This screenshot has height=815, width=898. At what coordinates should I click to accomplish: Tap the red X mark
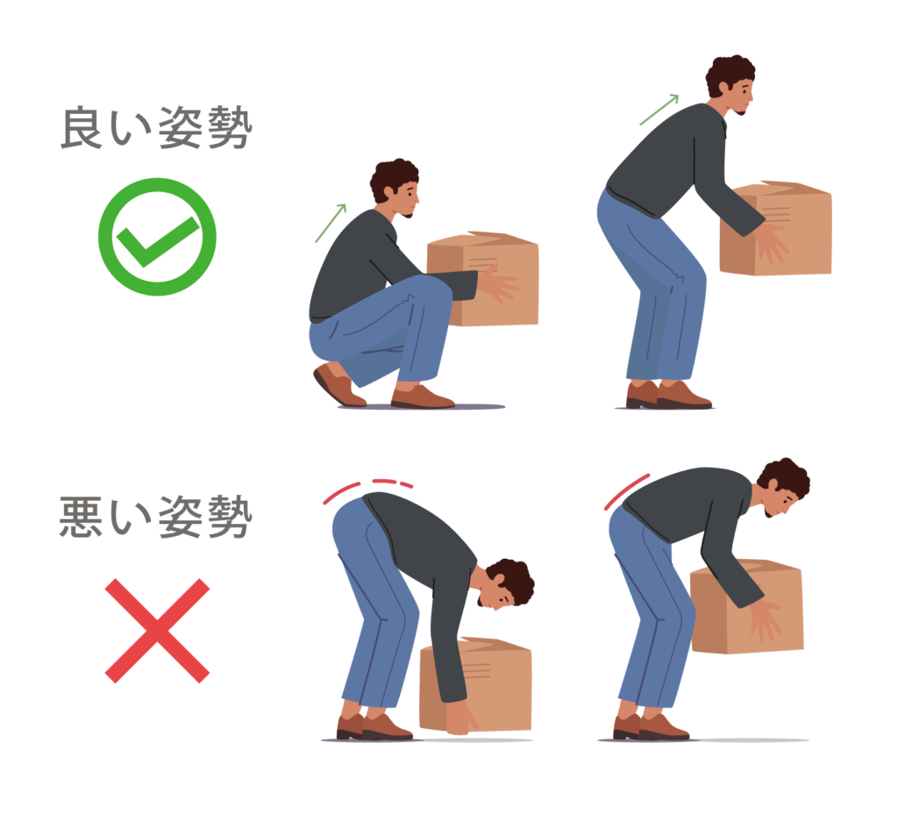[x=158, y=631]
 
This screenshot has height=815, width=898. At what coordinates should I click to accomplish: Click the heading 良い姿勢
[x=156, y=128]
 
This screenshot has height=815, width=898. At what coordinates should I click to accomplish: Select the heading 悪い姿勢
[x=156, y=518]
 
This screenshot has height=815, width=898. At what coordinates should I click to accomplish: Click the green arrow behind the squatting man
[x=331, y=223]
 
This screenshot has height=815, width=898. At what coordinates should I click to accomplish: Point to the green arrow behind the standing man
[x=659, y=110]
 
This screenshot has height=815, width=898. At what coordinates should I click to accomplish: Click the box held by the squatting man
[x=483, y=279]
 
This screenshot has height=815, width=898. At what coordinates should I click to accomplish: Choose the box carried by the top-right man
[x=775, y=228]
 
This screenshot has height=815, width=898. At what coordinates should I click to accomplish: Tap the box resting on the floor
[x=475, y=683]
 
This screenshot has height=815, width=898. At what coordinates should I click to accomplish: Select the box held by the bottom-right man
[x=747, y=606]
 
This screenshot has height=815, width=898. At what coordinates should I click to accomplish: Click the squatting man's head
[x=396, y=186]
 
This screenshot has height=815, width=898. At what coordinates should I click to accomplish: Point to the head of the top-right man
[x=731, y=85]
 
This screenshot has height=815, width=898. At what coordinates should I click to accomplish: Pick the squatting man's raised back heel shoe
[x=338, y=385]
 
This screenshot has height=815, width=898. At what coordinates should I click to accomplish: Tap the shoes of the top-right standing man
[x=668, y=395]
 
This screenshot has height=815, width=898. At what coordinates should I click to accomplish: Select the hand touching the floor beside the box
[x=461, y=718]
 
